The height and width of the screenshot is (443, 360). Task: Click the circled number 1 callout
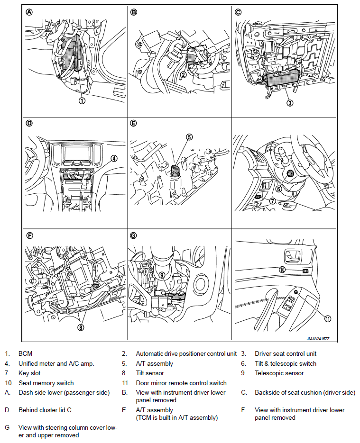[x=82, y=100]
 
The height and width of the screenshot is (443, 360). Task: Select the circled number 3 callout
[x=290, y=102]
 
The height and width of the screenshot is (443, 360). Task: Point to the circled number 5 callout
[x=189, y=137]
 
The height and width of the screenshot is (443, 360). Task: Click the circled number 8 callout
[x=81, y=326]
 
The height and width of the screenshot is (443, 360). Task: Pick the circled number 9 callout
[x=162, y=274]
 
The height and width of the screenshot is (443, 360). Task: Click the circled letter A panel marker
[x=29, y=13]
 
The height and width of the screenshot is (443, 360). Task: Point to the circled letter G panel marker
[x=133, y=235]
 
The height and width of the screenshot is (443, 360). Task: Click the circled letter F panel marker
[x=29, y=235]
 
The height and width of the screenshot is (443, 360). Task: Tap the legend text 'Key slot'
[x=30, y=373]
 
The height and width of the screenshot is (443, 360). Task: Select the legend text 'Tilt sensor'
[x=150, y=373]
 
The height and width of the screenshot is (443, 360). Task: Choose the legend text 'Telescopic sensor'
[x=279, y=373]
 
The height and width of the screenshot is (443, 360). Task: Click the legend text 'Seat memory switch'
[x=46, y=383]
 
